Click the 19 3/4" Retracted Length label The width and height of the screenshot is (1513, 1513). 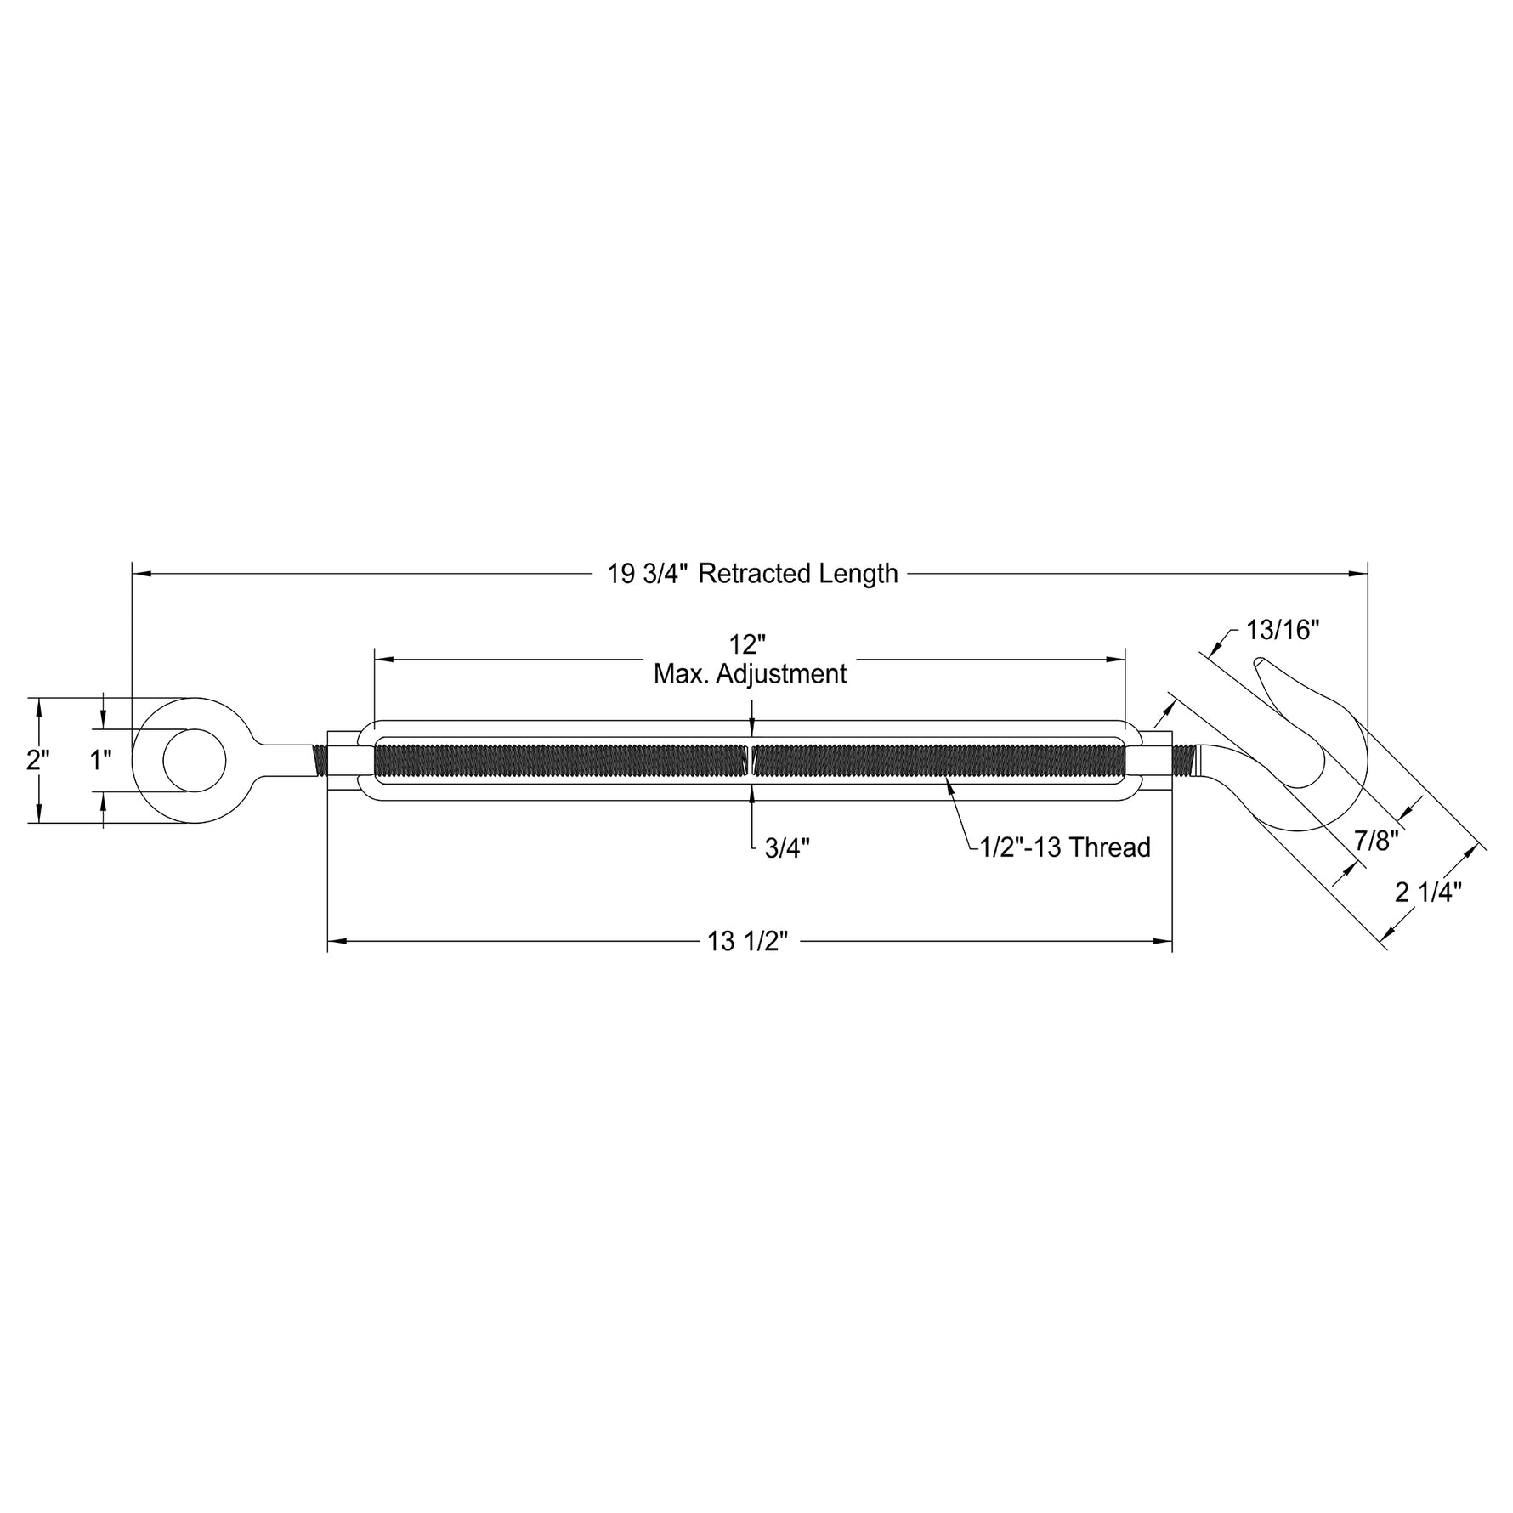click(752, 574)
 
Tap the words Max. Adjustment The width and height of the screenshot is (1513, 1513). click(750, 674)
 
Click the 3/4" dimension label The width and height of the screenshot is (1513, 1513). click(787, 848)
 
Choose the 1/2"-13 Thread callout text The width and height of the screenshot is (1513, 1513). click(1065, 847)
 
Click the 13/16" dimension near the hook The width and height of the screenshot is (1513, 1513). click(1283, 630)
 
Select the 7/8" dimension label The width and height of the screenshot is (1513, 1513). click(1376, 841)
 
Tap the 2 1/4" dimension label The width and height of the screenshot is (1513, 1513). click(1428, 892)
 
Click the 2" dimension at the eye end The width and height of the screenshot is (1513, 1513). click(38, 759)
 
